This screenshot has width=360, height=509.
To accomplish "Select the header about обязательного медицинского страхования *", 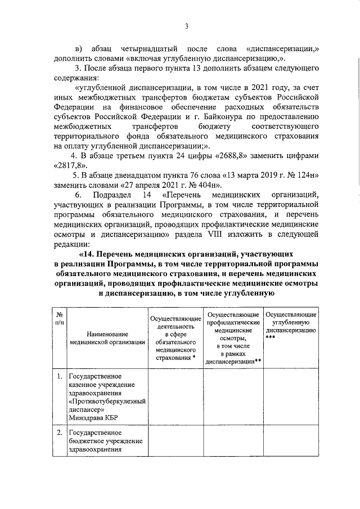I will coord(175,337).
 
